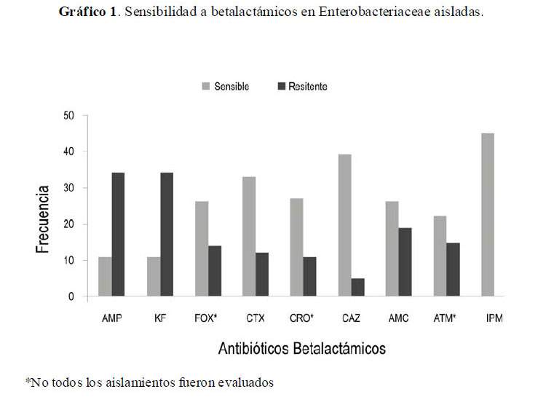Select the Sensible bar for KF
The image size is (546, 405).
click(153, 277)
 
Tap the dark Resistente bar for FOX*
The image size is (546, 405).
click(215, 271)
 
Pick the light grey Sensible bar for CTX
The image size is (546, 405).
click(249, 237)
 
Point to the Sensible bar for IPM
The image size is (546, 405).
click(487, 215)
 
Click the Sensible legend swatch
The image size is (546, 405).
click(207, 87)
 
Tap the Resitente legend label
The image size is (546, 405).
click(307, 87)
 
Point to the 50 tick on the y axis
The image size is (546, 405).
click(70, 116)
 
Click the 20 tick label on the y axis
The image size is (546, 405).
click(70, 224)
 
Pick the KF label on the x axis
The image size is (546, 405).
click(161, 318)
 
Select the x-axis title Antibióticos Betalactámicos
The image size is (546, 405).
click(302, 349)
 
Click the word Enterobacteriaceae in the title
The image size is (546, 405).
click(378, 12)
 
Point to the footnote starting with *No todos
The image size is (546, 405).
click(150, 382)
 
